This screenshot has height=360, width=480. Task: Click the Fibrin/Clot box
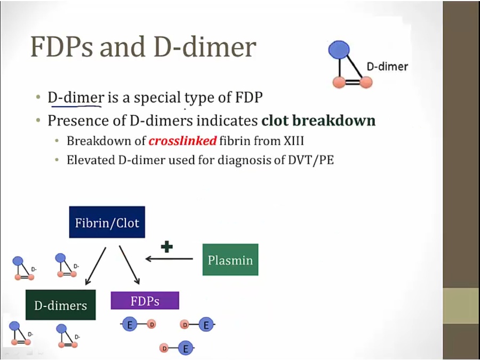point(107,222)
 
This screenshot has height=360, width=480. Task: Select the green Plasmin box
point(230,260)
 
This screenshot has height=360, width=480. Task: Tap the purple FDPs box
point(145,301)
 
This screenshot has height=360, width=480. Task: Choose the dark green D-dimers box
point(61,305)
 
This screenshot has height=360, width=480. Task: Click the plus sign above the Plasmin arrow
point(167,246)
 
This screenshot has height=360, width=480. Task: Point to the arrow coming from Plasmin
point(169,259)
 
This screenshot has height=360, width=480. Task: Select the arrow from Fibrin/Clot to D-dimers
point(95,266)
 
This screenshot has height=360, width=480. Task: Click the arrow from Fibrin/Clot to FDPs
point(130,265)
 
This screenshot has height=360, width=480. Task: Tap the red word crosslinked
point(183,141)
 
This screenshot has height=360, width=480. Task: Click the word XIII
point(294,141)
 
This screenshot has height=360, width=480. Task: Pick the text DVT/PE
point(311,160)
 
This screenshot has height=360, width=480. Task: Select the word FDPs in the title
point(61,47)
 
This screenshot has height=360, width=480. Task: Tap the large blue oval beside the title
point(339,49)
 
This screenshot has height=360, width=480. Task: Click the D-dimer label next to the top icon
point(387,67)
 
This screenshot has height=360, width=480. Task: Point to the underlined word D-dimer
point(76,98)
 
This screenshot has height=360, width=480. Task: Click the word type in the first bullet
point(199,99)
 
